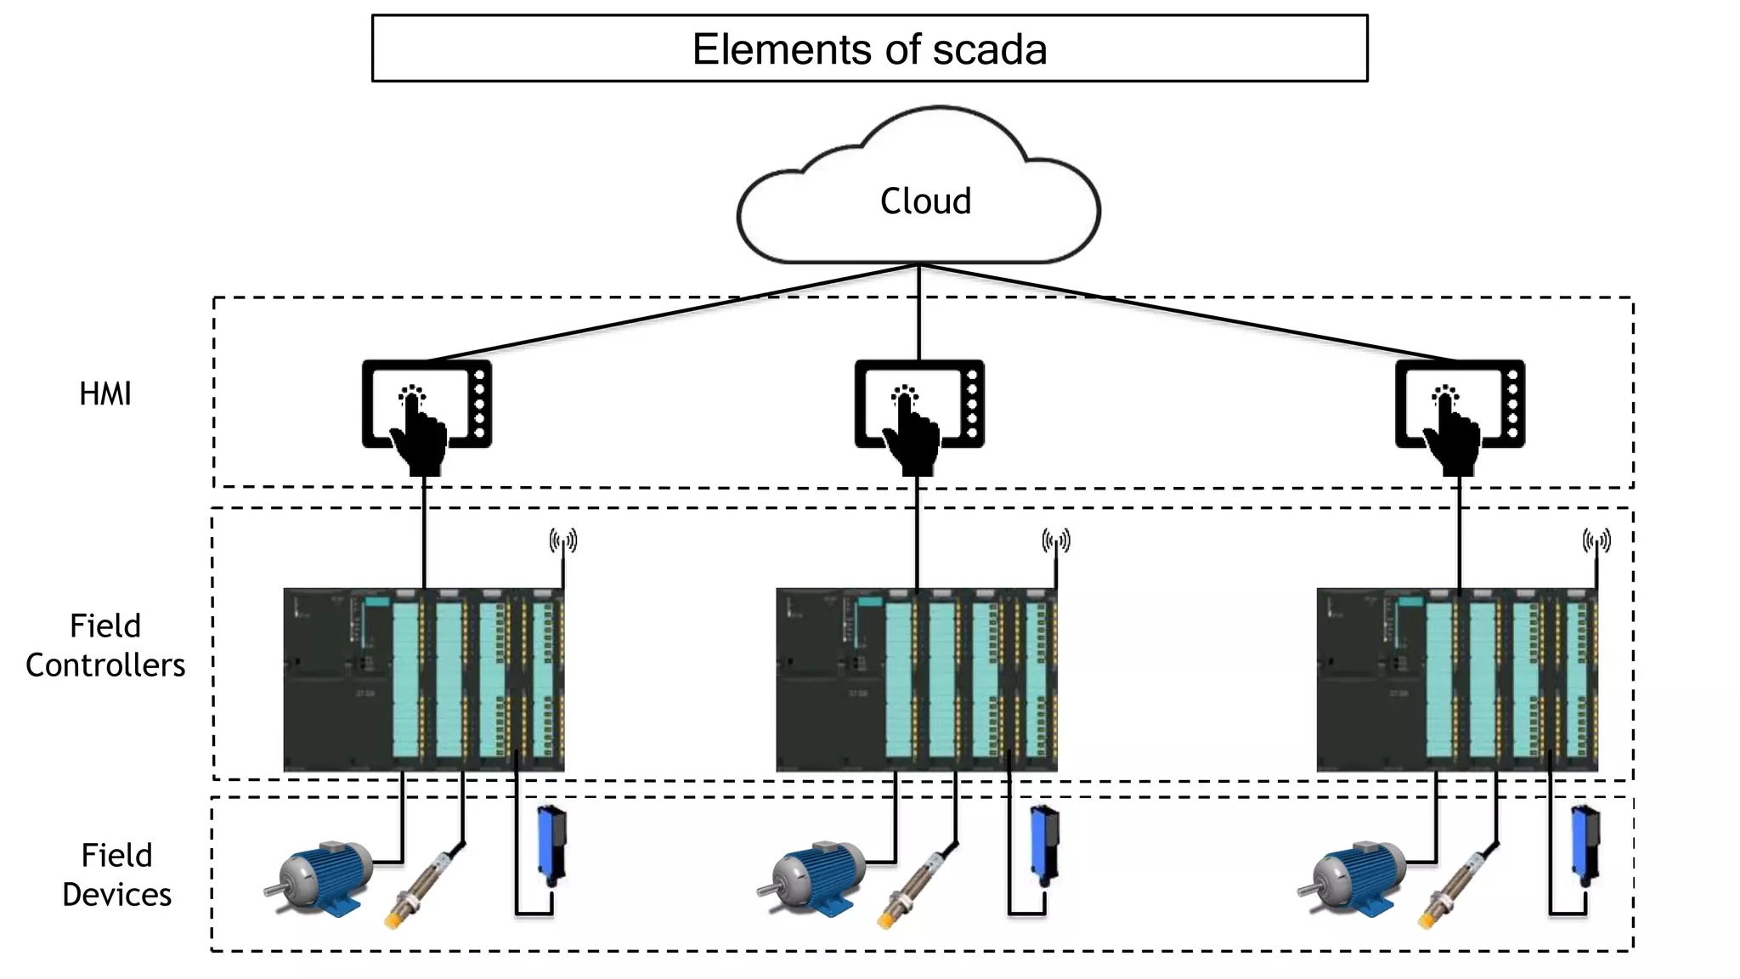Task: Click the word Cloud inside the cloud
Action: pyautogui.click(x=925, y=202)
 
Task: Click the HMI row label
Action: pyautogui.click(x=105, y=394)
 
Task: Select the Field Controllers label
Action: pyautogui.click(x=105, y=646)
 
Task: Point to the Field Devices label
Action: pyautogui.click(x=116, y=875)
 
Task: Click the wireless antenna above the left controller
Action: pyautogui.click(x=563, y=541)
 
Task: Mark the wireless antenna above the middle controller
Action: pyautogui.click(x=1056, y=541)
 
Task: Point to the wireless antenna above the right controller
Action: pyautogui.click(x=1596, y=541)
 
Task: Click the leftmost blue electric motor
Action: pyautogui.click(x=321, y=878)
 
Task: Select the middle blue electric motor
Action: pyautogui.click(x=814, y=878)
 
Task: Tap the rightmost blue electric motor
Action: pyautogui.click(x=1354, y=878)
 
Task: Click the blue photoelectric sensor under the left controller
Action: pyautogui.click(x=552, y=844)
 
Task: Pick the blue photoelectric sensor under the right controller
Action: pyautogui.click(x=1585, y=844)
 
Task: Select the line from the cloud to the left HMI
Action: pyautogui.click(x=671, y=313)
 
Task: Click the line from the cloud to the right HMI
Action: pyautogui.click(x=1189, y=313)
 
